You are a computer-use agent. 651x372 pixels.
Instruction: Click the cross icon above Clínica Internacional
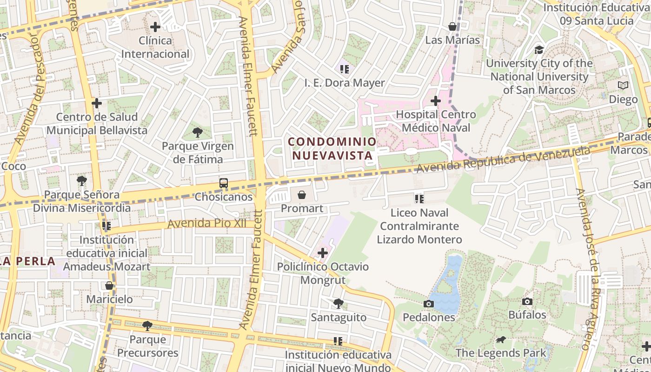coord(155,27)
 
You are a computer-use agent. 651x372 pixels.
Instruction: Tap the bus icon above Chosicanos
coord(224,183)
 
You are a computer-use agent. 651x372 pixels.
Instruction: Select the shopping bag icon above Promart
coord(302,194)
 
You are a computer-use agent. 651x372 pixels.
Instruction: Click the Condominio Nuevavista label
coord(332,148)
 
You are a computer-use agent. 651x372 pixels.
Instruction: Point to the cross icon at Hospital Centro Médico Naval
coord(435,100)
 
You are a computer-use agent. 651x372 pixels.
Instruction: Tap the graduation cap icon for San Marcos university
coord(539,49)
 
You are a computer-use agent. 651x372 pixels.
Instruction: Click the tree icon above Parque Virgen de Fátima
coord(197,133)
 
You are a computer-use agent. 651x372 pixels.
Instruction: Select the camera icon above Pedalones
coord(429,304)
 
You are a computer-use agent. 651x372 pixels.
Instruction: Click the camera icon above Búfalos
coord(527,301)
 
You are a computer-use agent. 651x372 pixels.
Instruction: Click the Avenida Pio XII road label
coord(207,224)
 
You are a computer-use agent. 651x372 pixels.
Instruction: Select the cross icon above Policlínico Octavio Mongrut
coord(323,253)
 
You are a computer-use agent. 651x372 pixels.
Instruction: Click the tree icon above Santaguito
coord(339,304)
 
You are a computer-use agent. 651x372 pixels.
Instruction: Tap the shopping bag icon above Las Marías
coord(452,27)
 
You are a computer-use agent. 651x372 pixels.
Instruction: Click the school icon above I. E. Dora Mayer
coord(344,69)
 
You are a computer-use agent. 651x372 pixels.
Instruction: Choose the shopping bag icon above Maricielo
coord(109,286)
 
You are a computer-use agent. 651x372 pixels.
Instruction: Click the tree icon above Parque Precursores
coord(147,325)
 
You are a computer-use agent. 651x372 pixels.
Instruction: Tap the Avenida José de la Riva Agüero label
coord(589,270)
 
